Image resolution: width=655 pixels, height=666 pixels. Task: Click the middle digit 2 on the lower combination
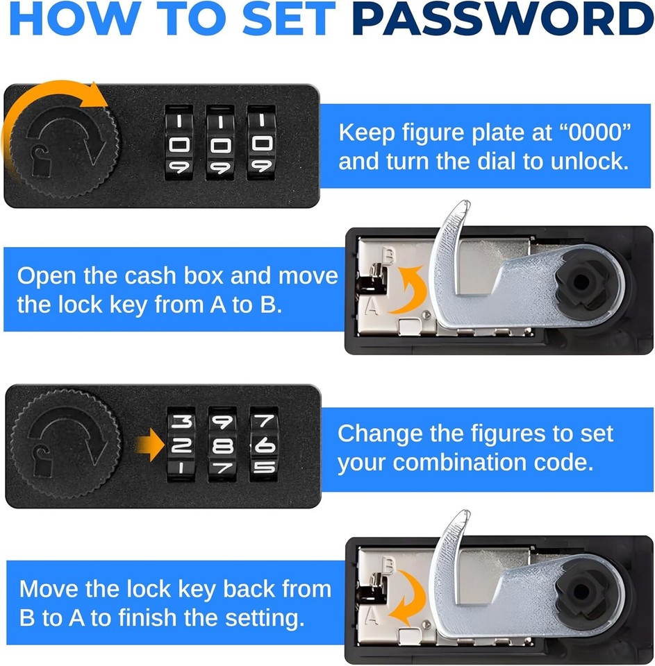[182, 445]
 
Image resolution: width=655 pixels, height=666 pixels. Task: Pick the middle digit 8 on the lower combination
[223, 445]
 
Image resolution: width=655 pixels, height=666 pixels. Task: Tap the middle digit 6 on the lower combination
[263, 446]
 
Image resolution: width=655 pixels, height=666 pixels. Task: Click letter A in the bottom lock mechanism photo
[372, 614]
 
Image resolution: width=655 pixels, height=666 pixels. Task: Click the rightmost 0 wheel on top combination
[261, 144]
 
